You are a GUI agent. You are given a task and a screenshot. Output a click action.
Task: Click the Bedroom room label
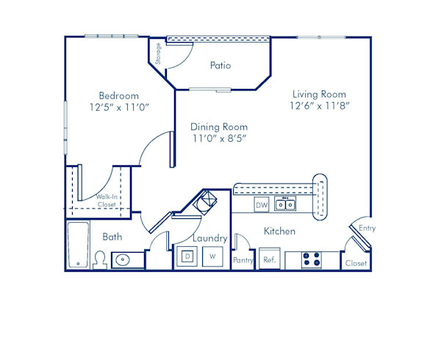click(x=119, y=96)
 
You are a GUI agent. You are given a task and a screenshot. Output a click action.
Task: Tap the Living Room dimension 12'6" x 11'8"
click(x=319, y=106)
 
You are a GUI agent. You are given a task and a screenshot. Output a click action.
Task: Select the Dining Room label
click(x=219, y=126)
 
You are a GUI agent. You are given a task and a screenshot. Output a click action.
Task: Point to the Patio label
click(x=220, y=65)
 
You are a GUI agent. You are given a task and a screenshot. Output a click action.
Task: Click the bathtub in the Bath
click(x=77, y=245)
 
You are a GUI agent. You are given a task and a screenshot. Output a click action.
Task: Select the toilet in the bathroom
click(x=99, y=259)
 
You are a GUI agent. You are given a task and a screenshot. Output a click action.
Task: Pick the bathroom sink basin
click(x=123, y=259)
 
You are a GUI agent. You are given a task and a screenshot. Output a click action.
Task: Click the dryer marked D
click(x=187, y=256)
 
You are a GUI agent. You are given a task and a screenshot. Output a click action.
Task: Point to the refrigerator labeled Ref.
click(x=269, y=260)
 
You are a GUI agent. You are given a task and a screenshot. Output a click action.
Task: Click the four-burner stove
click(x=312, y=259)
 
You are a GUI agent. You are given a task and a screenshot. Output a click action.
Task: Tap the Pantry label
click(x=243, y=260)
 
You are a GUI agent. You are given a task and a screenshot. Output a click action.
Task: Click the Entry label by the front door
click(x=367, y=228)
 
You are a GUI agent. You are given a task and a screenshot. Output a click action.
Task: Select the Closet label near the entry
click(x=356, y=262)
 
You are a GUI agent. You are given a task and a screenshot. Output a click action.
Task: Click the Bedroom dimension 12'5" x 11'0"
click(x=119, y=107)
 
